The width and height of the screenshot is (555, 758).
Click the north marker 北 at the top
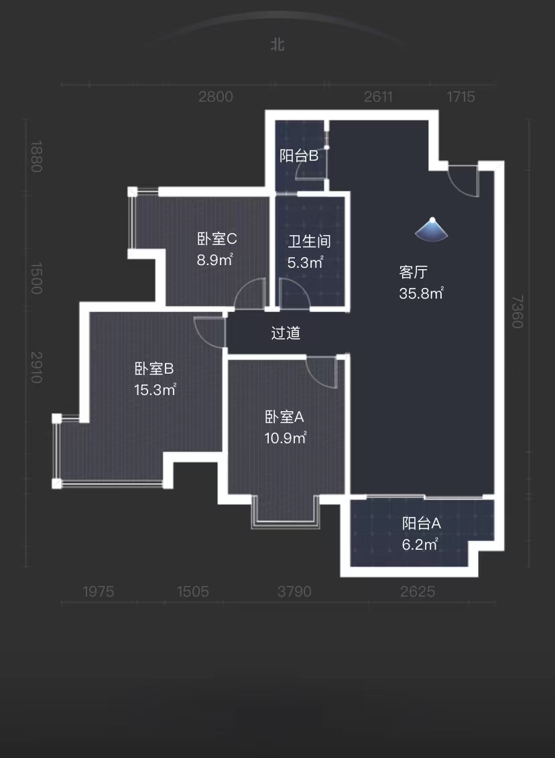tap(277, 45)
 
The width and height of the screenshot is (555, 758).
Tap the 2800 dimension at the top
tap(216, 97)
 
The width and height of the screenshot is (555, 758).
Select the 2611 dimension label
tap(378, 97)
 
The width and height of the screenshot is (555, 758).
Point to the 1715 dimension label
tap(460, 97)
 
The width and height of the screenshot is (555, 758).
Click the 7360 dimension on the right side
tap(517, 312)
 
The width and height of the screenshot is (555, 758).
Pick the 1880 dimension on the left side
tap(36, 156)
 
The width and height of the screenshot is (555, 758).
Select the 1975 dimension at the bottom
tap(99, 591)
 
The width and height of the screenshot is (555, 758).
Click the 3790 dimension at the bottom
tap(295, 591)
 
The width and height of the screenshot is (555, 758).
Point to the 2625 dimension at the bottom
tap(418, 591)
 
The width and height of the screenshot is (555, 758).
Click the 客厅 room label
tap(414, 273)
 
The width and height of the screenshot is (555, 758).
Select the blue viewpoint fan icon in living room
tap(433, 230)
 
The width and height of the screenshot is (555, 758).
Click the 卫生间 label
tap(309, 242)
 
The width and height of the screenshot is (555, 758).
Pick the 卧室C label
tap(217, 239)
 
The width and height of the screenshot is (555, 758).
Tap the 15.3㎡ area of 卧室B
tap(155, 390)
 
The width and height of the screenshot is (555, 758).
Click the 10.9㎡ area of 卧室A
tap(286, 438)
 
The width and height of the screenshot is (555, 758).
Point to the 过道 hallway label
tap(286, 333)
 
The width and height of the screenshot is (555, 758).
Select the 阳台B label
tap(298, 156)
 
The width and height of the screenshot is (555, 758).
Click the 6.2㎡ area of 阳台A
tap(420, 544)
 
